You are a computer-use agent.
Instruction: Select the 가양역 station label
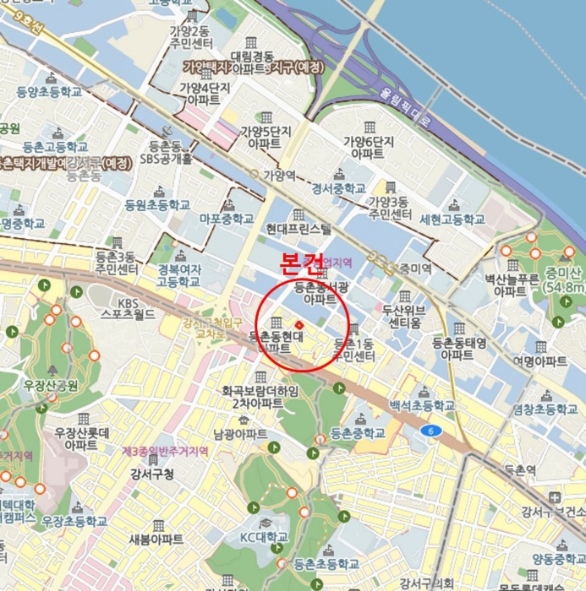(x=277, y=176)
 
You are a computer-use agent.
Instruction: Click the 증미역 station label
(x=415, y=268)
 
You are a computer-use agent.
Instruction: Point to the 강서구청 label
(x=152, y=474)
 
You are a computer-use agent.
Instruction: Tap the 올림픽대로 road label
(x=405, y=111)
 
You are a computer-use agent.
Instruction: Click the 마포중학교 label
(x=227, y=218)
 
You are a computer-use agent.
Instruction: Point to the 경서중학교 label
(x=339, y=188)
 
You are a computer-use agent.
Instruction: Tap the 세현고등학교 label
(x=452, y=219)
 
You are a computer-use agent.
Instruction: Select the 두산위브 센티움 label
(x=402, y=316)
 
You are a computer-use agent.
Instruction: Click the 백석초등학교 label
(x=422, y=406)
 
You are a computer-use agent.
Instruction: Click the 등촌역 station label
(x=514, y=470)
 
